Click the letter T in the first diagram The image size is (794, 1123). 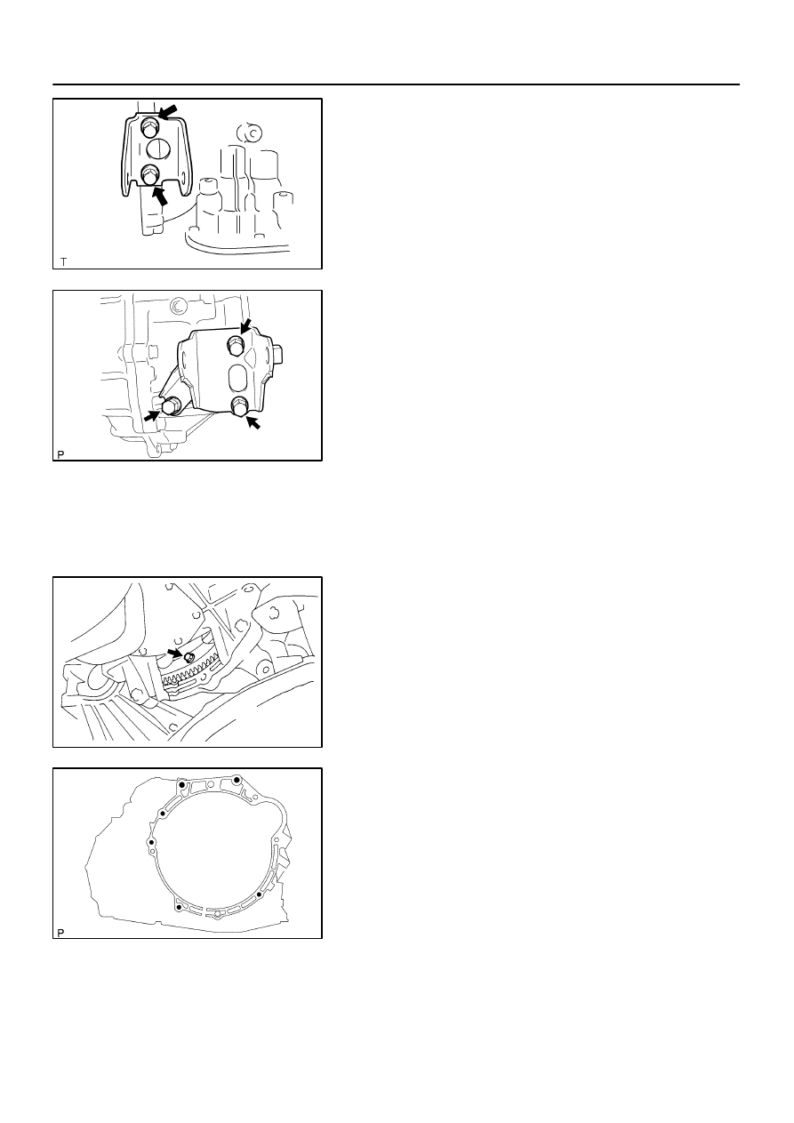(x=64, y=261)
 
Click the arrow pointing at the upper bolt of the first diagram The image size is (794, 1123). (x=168, y=111)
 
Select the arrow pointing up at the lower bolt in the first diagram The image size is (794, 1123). (x=160, y=196)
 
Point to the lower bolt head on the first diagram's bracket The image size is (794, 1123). (x=148, y=174)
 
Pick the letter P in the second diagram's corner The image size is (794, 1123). (x=60, y=454)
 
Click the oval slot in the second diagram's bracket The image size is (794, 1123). (x=237, y=378)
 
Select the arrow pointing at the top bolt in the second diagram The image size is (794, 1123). (x=245, y=325)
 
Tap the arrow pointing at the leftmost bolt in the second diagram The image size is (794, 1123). (x=152, y=415)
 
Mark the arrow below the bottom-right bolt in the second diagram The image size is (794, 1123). (x=253, y=422)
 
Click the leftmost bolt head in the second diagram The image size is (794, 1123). (x=171, y=405)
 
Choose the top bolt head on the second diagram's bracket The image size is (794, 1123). (x=235, y=344)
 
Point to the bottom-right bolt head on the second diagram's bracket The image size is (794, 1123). (x=239, y=406)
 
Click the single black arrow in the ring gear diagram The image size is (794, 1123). (x=175, y=653)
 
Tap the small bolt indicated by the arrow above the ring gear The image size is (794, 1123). (x=189, y=657)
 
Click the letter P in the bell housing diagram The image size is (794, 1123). (x=60, y=933)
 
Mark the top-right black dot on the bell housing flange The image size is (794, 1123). (x=237, y=780)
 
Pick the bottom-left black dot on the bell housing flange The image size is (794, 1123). (x=180, y=907)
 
